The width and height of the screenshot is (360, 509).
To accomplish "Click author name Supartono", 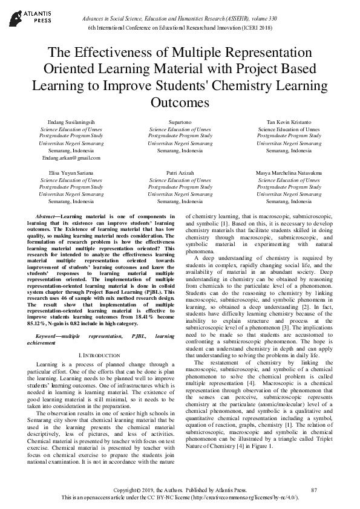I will point(180,122).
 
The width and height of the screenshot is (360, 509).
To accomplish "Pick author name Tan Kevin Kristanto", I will point(289,122).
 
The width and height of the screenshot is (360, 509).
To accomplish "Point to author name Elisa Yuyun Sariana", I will point(63,172).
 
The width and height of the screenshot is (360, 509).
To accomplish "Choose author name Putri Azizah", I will point(180,172).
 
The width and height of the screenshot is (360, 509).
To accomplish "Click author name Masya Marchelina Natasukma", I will point(289,172).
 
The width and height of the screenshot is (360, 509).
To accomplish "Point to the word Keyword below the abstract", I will point(48,334).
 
